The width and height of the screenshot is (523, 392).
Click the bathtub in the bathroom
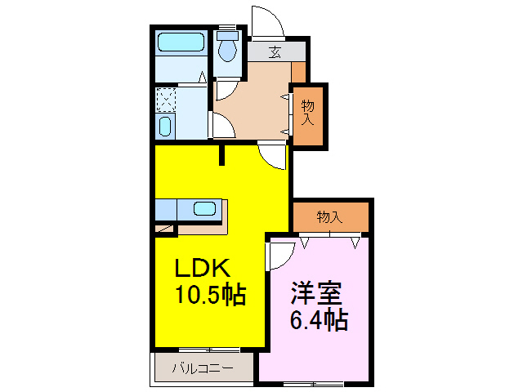pos(181,42)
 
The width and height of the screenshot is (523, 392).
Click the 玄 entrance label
pos(275,52)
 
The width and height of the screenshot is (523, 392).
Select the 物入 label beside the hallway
pos(307,113)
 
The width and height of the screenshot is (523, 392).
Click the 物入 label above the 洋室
pos(329,217)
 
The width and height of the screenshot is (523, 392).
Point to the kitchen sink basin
pos(204,209)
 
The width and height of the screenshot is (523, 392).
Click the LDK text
pos(203,268)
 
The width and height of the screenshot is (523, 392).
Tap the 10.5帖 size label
pos(211,295)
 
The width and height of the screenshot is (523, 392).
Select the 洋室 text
pos(316,293)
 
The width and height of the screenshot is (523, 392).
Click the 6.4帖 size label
pos(319,319)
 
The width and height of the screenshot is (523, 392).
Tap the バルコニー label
pos(203,368)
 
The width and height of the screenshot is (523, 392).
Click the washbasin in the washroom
pos(165,127)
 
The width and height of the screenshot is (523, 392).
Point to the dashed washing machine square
pos(166,100)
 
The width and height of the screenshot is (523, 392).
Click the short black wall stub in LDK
pos(221,154)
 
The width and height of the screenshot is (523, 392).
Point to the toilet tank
pos(227,36)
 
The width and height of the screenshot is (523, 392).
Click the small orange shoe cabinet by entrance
pos(298,72)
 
